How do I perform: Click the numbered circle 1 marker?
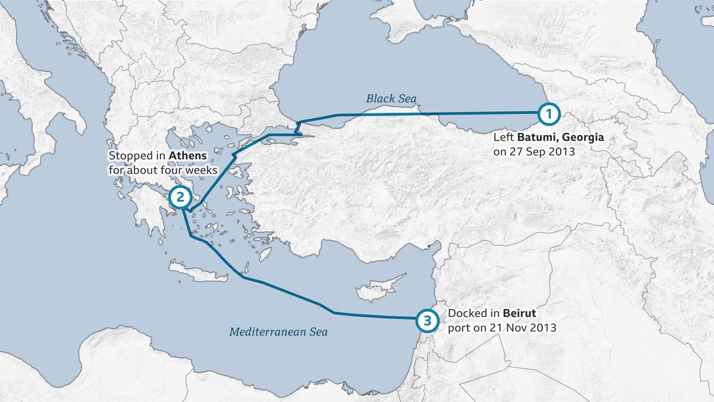tap(549, 114)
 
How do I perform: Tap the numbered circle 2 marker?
tap(180, 197)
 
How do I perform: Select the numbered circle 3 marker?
tap(427, 321)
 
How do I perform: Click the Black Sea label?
tap(391, 99)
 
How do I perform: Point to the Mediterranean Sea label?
tap(278, 332)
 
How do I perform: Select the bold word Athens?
tap(188, 155)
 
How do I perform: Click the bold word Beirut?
tap(519, 313)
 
